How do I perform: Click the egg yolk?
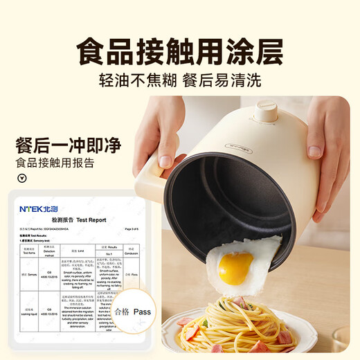pos(235,268)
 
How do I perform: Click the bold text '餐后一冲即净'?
pos(68,146)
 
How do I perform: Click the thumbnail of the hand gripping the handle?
pos(156,138)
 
